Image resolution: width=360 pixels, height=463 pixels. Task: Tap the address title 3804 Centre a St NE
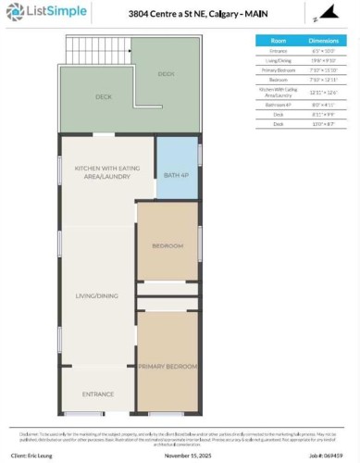[x=185, y=13]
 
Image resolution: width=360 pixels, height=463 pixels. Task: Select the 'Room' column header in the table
[x=278, y=41]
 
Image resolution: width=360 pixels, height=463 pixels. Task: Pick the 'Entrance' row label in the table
[x=278, y=51]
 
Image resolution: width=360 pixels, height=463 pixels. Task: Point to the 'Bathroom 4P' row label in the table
[x=278, y=105]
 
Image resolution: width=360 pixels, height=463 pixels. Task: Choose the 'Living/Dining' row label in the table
[x=278, y=60]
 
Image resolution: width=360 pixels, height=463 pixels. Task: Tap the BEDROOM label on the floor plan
[x=168, y=246]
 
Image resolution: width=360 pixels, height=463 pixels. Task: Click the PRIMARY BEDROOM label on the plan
[x=168, y=367]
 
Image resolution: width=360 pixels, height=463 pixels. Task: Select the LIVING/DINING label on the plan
[x=98, y=296]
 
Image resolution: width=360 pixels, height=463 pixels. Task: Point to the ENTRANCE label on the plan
[x=98, y=394]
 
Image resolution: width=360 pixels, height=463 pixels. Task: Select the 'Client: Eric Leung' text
[x=35, y=456]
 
